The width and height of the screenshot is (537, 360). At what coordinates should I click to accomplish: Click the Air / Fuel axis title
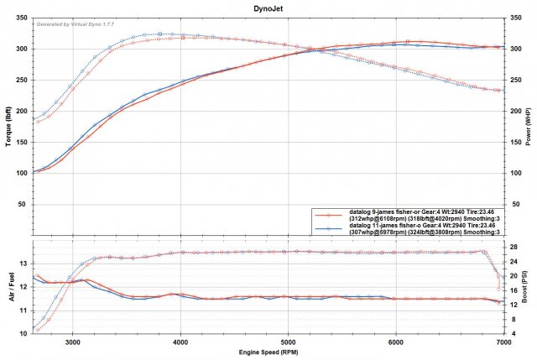click(8, 287)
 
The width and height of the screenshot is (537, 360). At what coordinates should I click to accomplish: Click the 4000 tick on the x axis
click(180, 342)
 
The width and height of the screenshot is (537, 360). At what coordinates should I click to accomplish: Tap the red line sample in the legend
click(330, 217)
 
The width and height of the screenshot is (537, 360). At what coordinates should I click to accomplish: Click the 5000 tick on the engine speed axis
click(288, 342)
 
